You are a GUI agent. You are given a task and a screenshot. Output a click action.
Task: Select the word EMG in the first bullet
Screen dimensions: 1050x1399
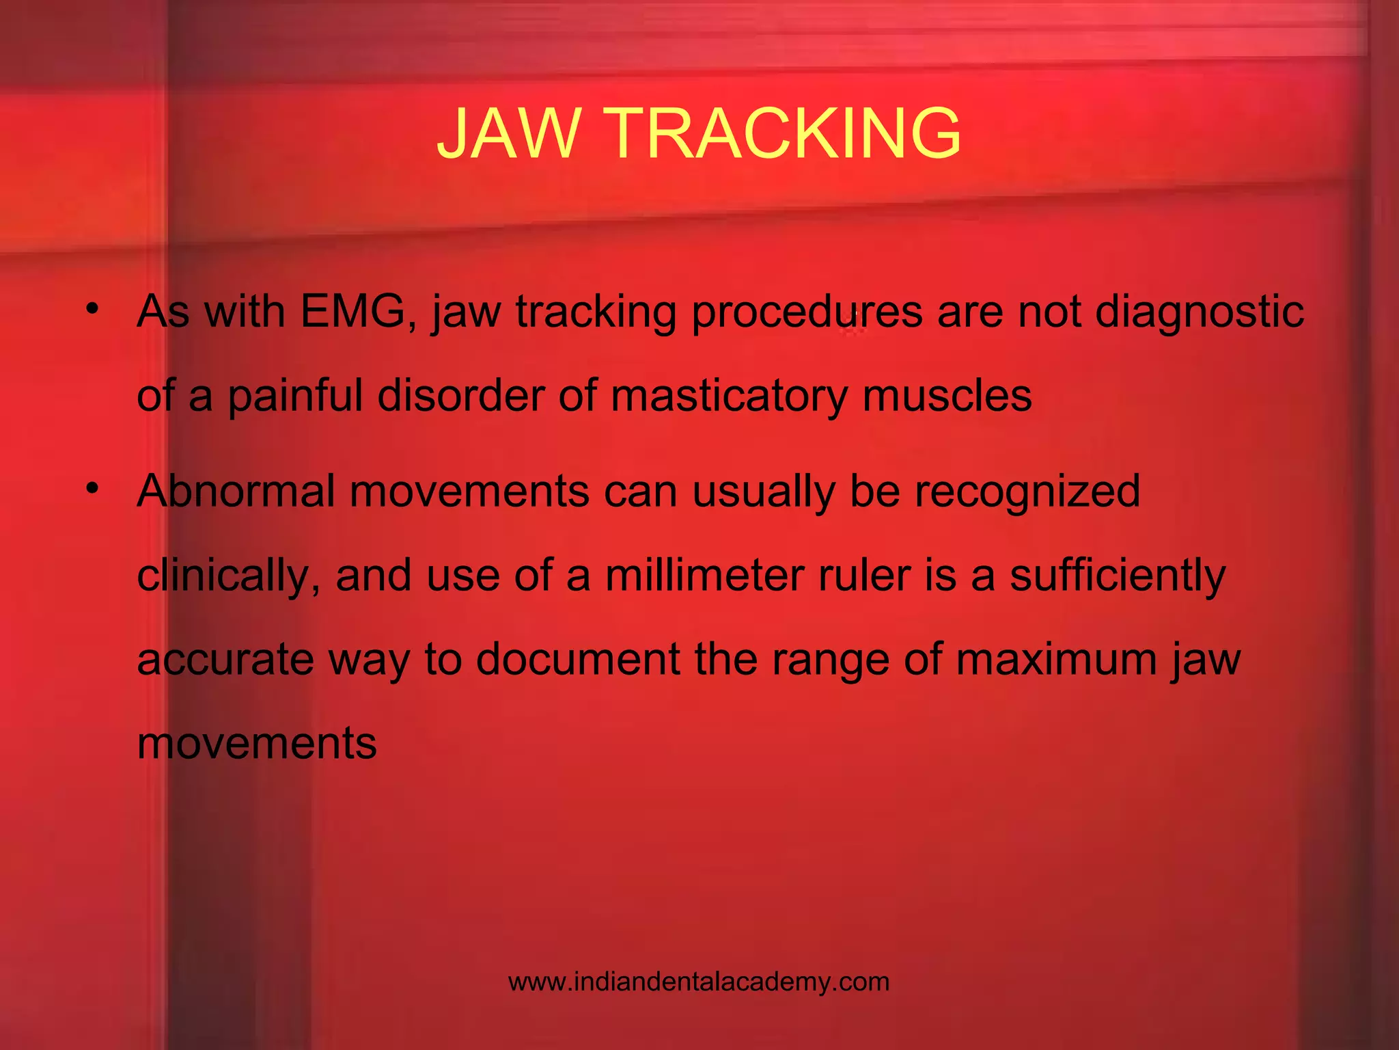coord(352,312)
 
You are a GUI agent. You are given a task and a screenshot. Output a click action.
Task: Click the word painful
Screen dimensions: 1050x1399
coord(295,396)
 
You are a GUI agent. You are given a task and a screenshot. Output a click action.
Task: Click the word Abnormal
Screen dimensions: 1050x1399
coord(236,491)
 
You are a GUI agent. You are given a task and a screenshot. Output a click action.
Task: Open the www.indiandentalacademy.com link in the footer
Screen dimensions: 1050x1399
coord(699,982)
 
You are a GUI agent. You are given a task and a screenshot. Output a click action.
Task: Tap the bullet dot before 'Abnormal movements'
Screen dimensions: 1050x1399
coord(93,488)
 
